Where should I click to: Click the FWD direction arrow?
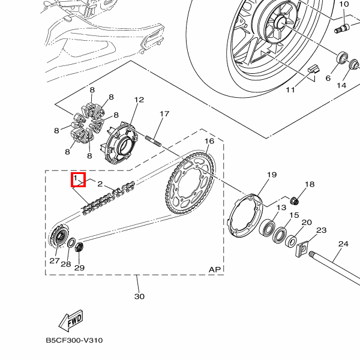(x=71, y=320)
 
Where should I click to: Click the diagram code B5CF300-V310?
(x=74, y=340)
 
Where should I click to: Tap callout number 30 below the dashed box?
(x=139, y=296)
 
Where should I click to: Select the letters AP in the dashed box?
(x=215, y=269)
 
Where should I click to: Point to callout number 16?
(x=209, y=141)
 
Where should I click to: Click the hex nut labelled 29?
(x=79, y=247)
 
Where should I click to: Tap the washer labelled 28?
(x=71, y=243)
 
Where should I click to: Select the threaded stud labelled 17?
(x=153, y=141)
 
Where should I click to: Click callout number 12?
(x=139, y=100)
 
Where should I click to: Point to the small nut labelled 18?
(x=295, y=201)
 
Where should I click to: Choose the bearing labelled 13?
(x=267, y=227)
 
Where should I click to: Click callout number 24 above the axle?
(x=343, y=244)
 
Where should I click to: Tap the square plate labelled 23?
(x=301, y=249)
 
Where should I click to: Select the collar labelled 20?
(x=291, y=241)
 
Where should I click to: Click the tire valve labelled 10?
(x=342, y=28)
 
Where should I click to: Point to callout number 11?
(x=290, y=90)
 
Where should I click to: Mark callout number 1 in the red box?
(x=76, y=178)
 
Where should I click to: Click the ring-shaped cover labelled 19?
(x=244, y=215)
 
